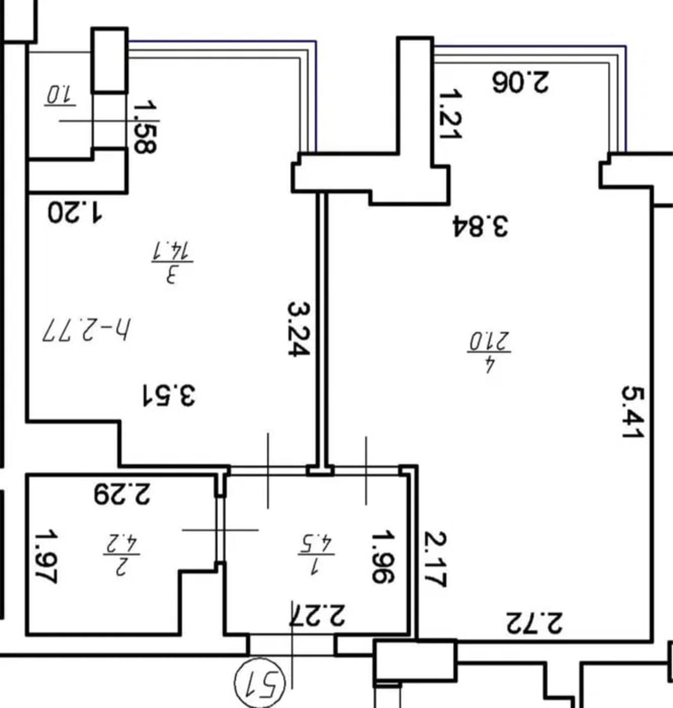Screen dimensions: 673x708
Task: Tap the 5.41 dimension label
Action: coord(632,412)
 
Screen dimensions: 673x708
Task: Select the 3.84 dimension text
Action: coord(480,226)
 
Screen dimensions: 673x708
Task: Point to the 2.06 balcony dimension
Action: coord(521,82)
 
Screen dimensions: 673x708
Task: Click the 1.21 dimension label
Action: coord(450,115)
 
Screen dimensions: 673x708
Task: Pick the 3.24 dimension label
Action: coord(299,329)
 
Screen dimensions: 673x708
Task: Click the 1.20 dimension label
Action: coord(75,213)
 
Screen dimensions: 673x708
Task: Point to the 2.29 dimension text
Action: coord(122,494)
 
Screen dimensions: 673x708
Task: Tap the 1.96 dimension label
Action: coord(383,557)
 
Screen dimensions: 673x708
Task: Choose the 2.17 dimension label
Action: coord(435,559)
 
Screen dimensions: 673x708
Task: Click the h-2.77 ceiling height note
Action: coord(87,330)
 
